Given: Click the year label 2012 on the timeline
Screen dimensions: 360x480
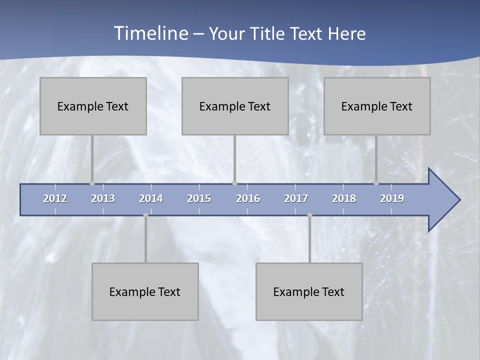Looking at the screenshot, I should click(x=55, y=198).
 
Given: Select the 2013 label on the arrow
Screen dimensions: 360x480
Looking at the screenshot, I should click(x=103, y=198).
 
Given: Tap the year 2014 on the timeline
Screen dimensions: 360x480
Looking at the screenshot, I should click(x=151, y=198).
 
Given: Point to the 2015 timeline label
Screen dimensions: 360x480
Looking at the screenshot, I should click(x=199, y=198).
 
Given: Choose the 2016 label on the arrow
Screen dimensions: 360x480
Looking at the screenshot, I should click(x=248, y=198).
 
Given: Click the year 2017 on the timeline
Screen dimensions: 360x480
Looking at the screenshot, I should click(x=296, y=198).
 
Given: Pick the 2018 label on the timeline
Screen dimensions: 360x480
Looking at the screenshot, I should click(x=344, y=198).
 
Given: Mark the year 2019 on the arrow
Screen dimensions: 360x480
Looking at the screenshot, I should click(x=392, y=198).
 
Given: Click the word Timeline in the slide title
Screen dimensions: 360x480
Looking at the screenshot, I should click(x=150, y=33).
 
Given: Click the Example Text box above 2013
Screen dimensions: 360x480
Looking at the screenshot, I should click(x=93, y=106).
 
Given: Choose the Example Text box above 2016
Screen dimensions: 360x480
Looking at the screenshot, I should click(x=235, y=106).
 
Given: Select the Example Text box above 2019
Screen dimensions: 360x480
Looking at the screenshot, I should click(x=377, y=106).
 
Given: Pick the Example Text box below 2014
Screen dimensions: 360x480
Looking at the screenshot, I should click(x=145, y=291).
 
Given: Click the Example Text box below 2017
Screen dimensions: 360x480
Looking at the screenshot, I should click(x=309, y=291).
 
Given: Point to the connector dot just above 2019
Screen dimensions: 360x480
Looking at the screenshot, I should click(x=376, y=183).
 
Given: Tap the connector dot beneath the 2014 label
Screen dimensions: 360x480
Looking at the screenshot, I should click(x=145, y=215).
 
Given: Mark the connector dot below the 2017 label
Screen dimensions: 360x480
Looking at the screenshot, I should click(x=309, y=215).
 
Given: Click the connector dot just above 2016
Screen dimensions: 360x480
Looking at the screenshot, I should click(x=234, y=183).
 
